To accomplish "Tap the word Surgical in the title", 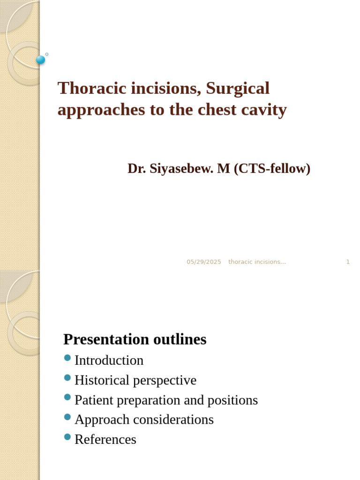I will coord(238,88).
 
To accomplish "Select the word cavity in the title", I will coord(263,110).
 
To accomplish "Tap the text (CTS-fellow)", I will coord(271,169).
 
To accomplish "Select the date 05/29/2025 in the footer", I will coord(203,262).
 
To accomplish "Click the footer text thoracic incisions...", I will coord(257,262).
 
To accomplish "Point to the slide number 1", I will coord(348,262).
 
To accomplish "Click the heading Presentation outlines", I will coord(135,339).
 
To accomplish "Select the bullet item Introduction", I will coord(109,360).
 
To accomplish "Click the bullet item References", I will coord(105,439).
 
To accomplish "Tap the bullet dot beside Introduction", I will coord(67,358).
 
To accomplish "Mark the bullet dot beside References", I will coord(67,437).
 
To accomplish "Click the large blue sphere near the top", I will coord(41,60).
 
